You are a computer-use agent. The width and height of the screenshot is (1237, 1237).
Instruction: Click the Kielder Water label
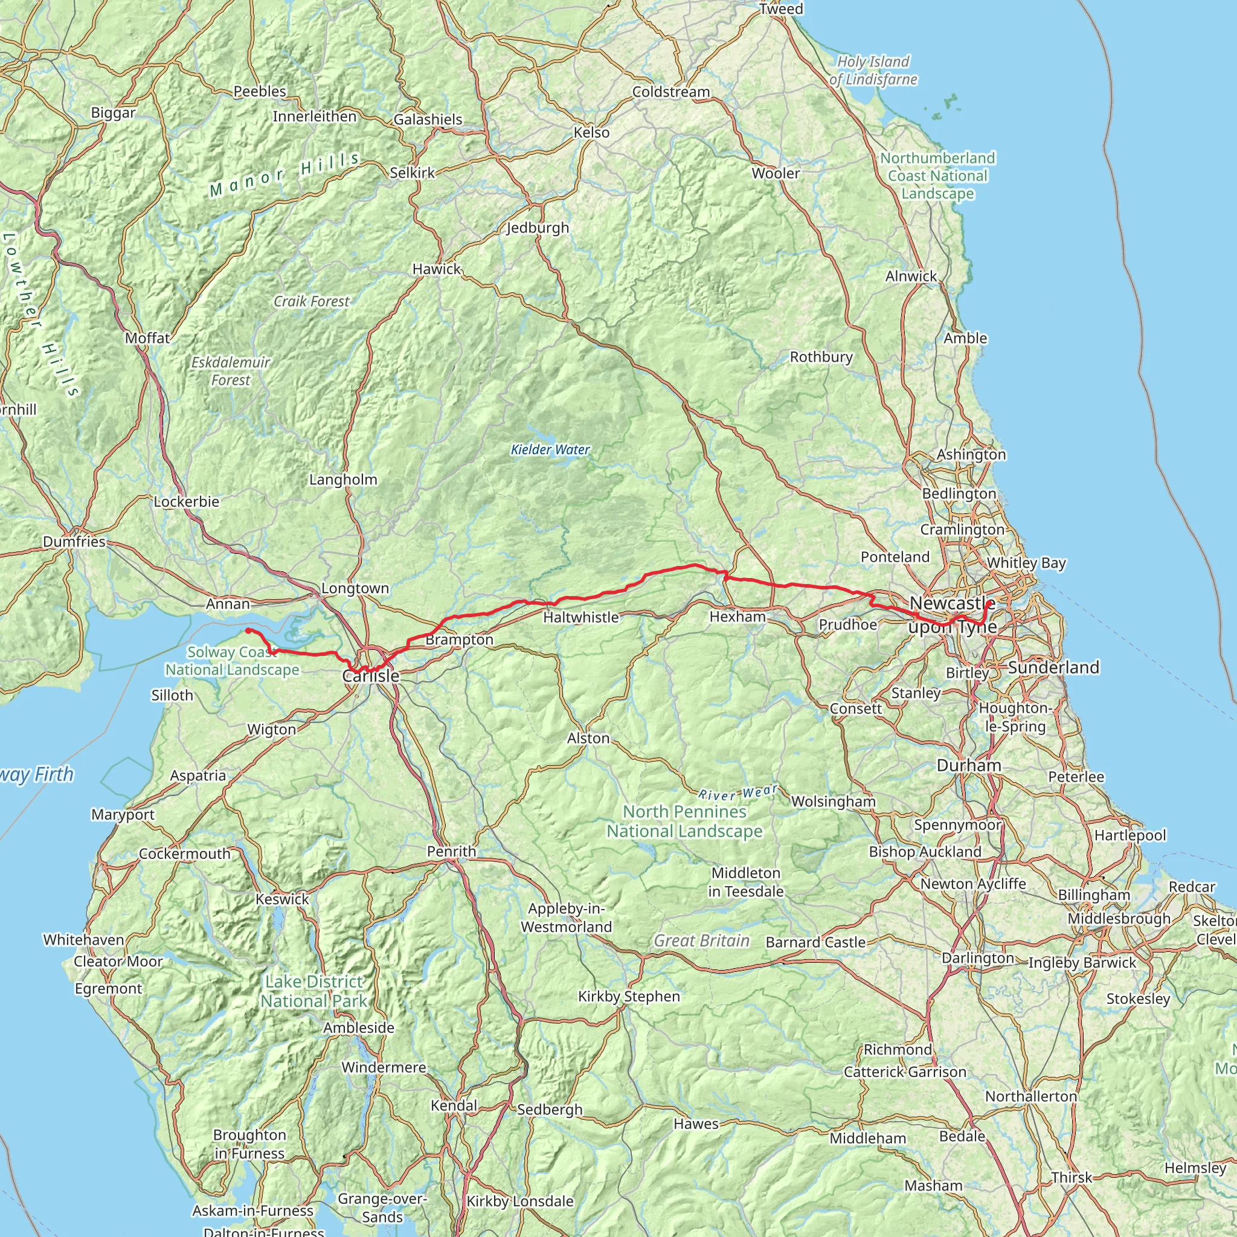coord(550,449)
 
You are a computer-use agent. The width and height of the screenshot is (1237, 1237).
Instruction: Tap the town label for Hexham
coord(737,617)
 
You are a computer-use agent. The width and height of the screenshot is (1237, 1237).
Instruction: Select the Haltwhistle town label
coord(580,617)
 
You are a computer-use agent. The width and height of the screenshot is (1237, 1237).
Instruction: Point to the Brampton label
coord(459,640)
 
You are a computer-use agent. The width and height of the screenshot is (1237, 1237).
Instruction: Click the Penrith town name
coord(451,852)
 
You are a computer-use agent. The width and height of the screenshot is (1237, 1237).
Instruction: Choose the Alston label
coord(588,738)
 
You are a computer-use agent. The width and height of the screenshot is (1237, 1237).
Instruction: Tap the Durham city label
coord(969,766)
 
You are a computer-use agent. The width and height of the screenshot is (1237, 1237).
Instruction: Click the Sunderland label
coord(1053,668)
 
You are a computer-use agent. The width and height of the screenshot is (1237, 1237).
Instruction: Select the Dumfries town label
coord(74,542)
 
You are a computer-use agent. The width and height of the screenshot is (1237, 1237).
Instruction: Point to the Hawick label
coord(436,269)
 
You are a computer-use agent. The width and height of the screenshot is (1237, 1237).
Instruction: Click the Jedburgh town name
coord(537,228)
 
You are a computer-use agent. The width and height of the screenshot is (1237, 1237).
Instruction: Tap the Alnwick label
coord(910,276)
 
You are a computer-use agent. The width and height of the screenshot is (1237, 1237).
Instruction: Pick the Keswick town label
coord(281,899)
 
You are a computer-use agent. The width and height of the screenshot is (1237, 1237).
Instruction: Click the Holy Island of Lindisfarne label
coord(873,71)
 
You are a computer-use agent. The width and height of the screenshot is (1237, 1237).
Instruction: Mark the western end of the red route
coord(248,631)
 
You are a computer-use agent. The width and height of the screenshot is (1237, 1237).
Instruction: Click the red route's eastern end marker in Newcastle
coord(989,603)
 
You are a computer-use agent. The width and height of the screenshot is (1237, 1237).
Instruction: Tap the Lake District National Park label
coord(313,991)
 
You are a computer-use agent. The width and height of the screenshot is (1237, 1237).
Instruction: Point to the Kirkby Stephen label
coord(629,996)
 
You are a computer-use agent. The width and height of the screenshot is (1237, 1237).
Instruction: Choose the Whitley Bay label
coord(1026,563)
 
